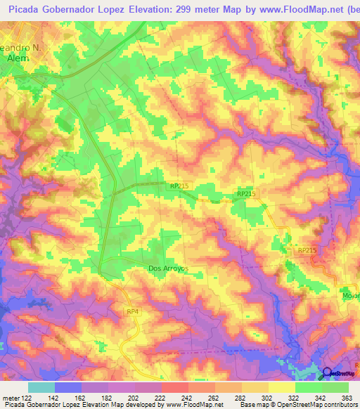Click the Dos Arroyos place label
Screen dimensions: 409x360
coord(168,268)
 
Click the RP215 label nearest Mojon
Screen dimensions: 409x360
coord(307,250)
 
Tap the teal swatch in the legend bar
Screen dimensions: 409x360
coord(41,388)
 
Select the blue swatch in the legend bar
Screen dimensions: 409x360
coord(68,388)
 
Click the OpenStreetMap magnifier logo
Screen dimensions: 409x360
coord(326,373)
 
